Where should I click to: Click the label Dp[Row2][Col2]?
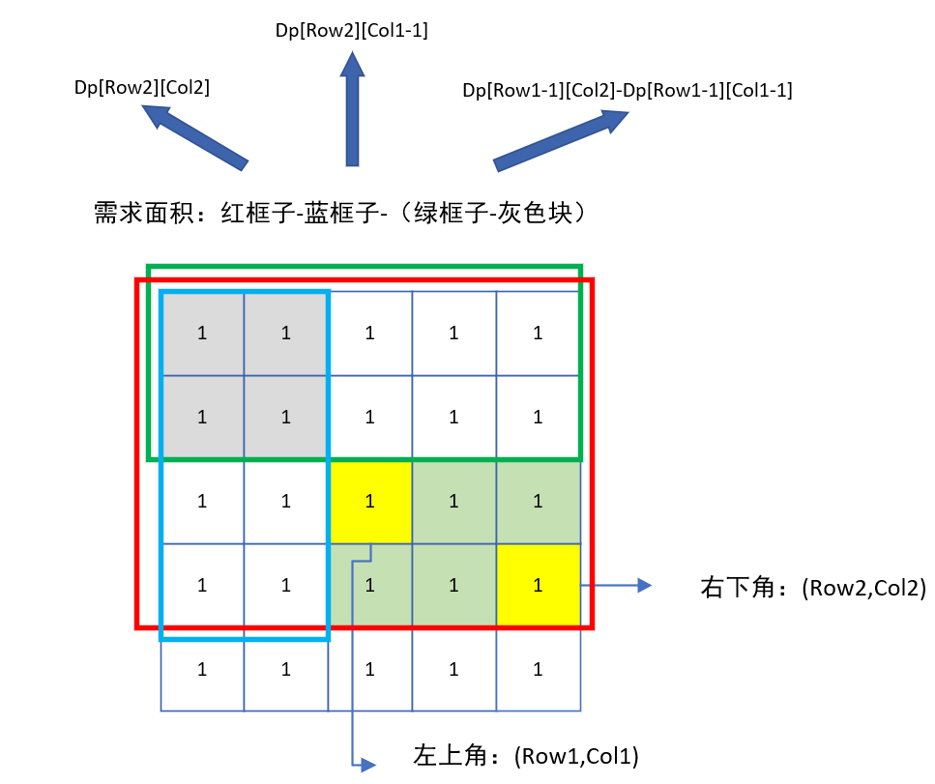coord(141,87)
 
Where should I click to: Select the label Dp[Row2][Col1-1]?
coord(351,31)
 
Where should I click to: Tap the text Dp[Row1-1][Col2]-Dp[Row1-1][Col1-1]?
coord(628,91)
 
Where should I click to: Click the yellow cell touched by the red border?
coord(538,585)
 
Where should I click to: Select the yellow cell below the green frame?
coord(370,502)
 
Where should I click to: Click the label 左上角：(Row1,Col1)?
coord(527,754)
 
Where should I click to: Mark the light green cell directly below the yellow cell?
coord(370,586)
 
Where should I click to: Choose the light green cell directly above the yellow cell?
coord(538,502)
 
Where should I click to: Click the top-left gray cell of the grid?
coord(202,334)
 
